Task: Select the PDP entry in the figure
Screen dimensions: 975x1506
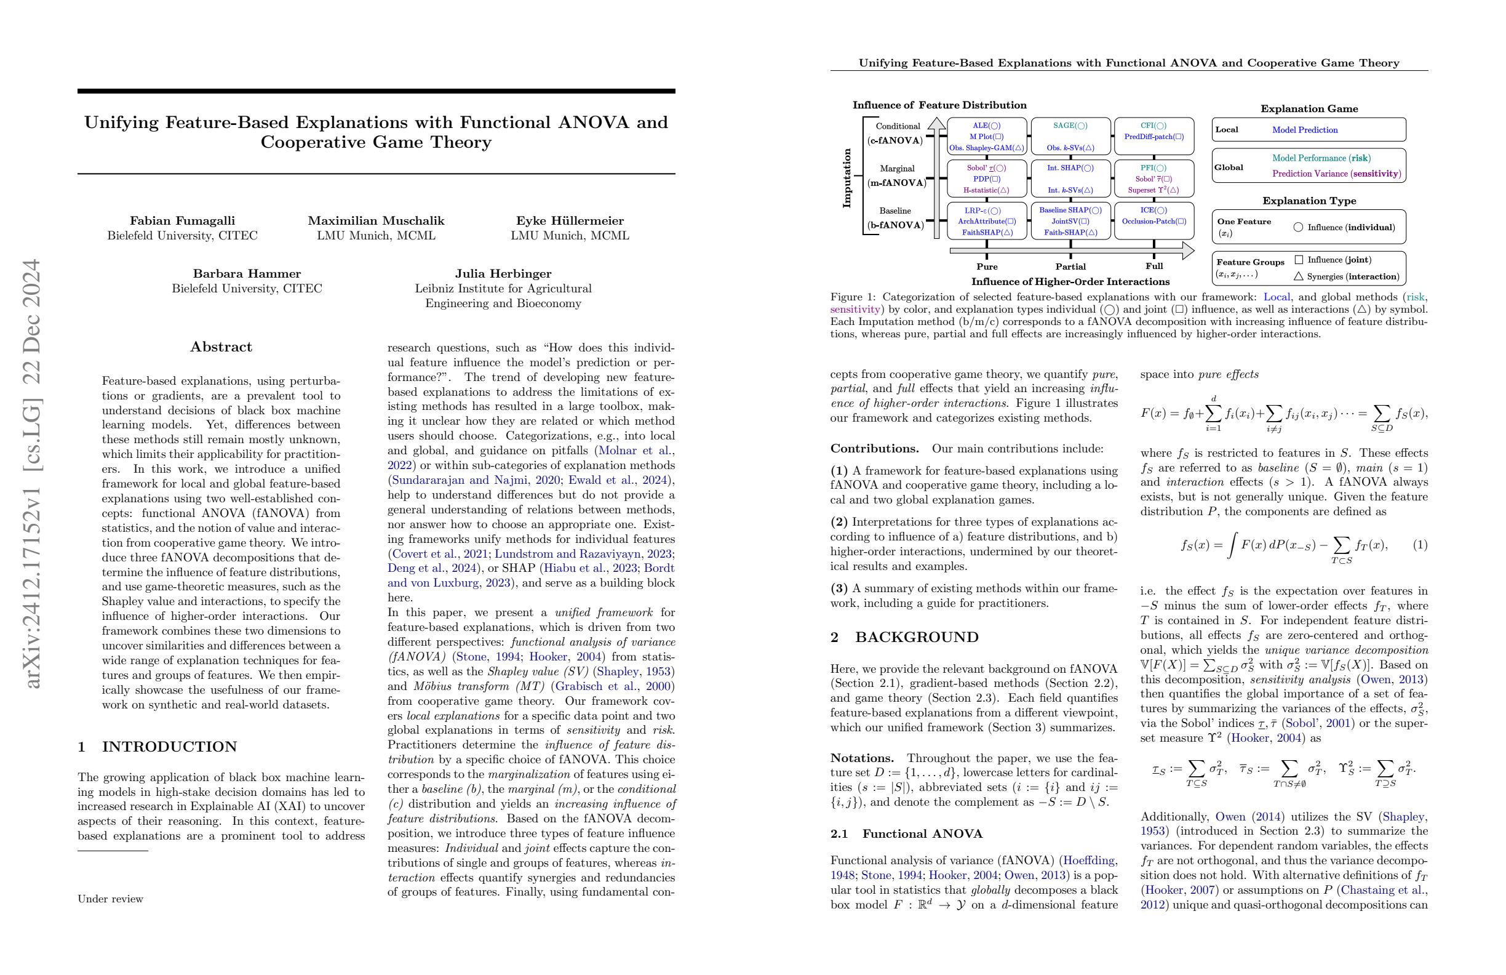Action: pos(987,179)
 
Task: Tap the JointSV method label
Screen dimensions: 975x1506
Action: pos(1070,222)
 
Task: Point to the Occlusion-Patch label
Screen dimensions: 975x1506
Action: pos(1153,222)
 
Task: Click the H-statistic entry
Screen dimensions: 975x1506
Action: pos(986,190)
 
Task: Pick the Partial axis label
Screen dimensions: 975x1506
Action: pos(1070,267)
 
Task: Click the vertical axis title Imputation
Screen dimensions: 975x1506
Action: pos(847,179)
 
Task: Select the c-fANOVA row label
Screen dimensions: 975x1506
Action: pos(894,140)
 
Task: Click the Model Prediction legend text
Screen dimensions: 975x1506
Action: pos(1305,130)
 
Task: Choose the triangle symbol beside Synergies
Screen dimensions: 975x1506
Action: pos(1299,276)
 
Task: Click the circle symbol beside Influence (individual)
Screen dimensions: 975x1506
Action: pos(1298,227)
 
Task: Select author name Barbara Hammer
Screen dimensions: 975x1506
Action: pos(247,274)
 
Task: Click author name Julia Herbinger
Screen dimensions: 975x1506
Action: pos(503,274)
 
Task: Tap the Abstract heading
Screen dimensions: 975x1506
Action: pos(221,347)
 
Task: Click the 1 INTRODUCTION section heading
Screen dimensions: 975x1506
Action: pos(157,747)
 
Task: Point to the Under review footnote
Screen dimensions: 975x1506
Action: pos(110,899)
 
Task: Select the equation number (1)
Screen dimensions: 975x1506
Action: pos(1420,545)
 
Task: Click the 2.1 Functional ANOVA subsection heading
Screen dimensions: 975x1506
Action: pos(907,834)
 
